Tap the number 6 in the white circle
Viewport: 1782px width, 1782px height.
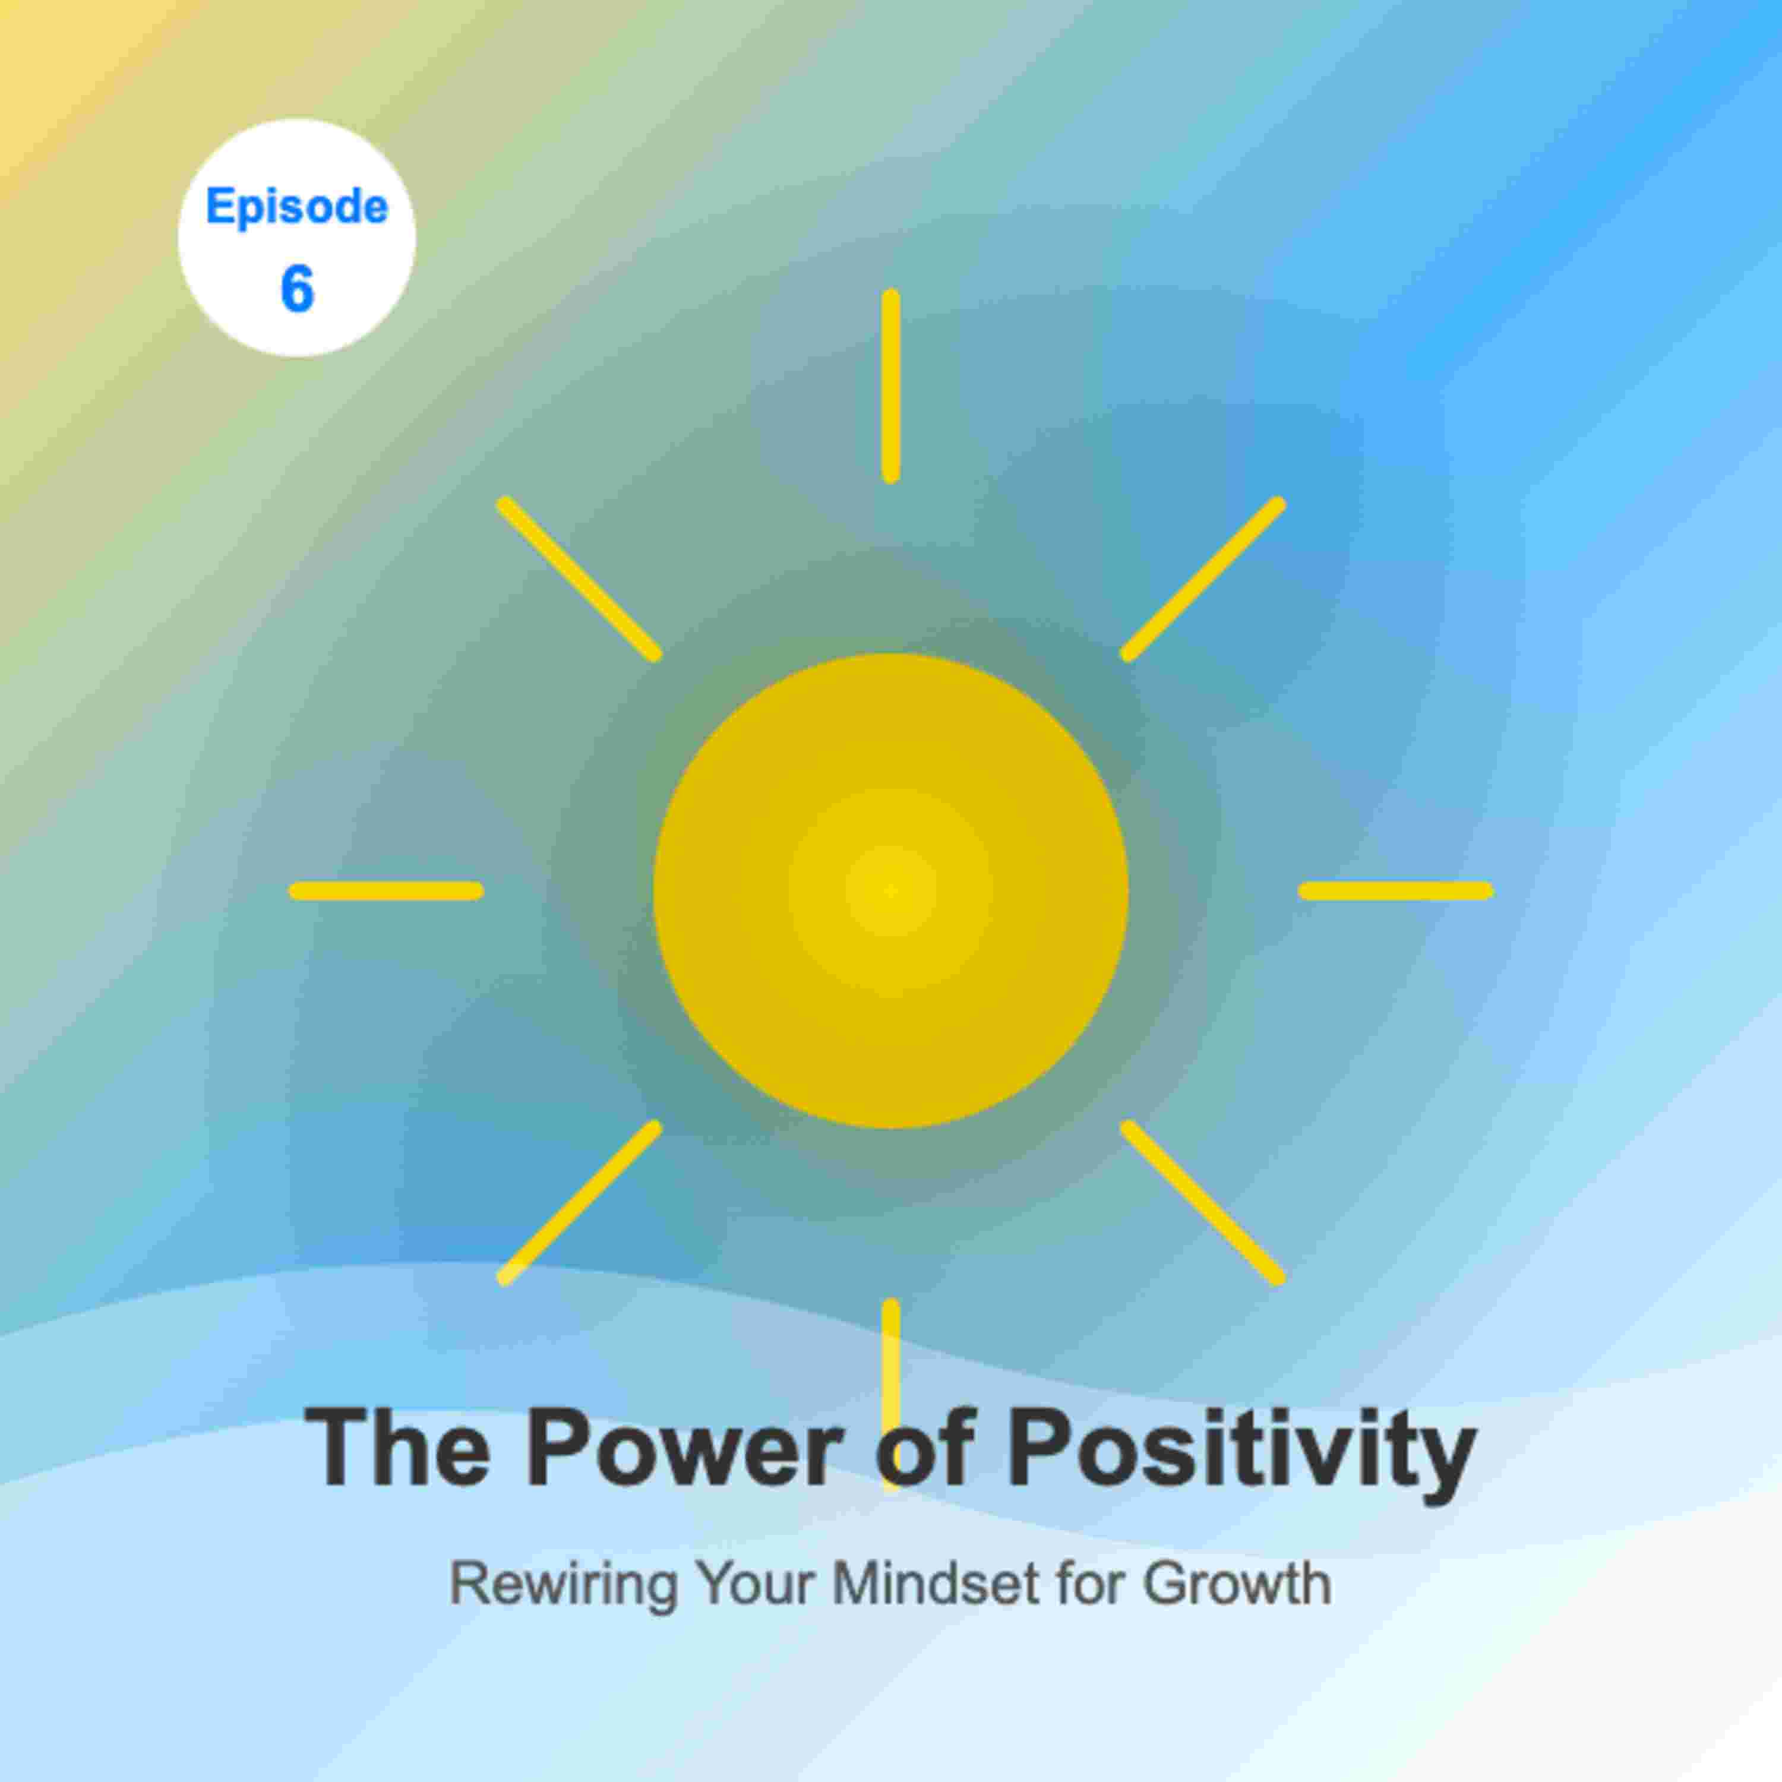[297, 289]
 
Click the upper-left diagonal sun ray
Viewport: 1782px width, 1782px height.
[579, 579]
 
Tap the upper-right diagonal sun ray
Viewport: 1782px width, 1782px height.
[1203, 579]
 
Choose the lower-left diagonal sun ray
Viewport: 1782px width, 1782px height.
[579, 1203]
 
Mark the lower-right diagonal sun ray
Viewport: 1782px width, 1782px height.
[1203, 1203]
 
